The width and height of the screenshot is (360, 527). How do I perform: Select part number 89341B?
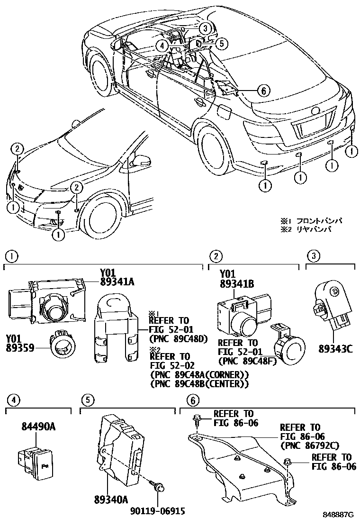click(x=237, y=284)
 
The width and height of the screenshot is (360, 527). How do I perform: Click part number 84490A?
click(x=38, y=427)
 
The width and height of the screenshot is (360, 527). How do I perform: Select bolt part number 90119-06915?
click(x=157, y=510)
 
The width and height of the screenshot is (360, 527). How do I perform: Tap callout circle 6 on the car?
click(x=263, y=90)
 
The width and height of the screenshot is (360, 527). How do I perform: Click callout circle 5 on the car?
click(x=221, y=43)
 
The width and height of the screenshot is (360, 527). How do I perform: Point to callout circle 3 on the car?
click(x=204, y=28)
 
